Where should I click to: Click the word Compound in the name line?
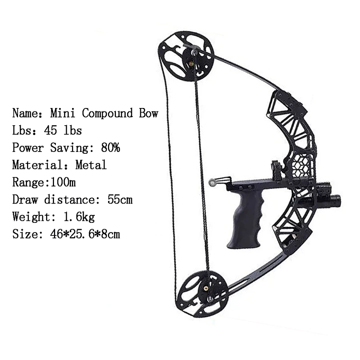click(107, 113)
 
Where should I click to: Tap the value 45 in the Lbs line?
click(49, 130)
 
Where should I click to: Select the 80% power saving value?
click(110, 147)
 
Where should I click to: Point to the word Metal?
click(91, 165)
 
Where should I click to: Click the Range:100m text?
click(44, 182)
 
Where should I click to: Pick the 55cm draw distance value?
click(120, 199)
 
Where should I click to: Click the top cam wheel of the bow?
click(186, 56)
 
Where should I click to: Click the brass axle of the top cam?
click(192, 63)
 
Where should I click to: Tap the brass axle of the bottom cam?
click(206, 288)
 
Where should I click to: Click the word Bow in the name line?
click(148, 113)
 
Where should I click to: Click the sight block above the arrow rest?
click(277, 167)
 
